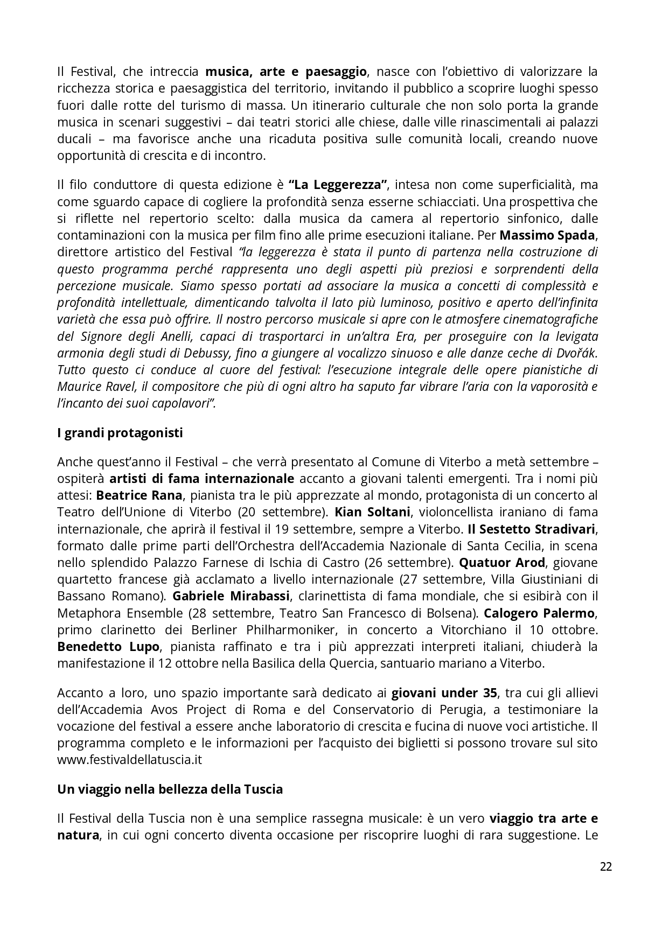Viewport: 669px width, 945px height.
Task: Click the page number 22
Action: [x=605, y=867]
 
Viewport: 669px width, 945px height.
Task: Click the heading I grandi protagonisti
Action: [x=120, y=433]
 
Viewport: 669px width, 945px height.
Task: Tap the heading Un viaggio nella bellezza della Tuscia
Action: [x=170, y=789]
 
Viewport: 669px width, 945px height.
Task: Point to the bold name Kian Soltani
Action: [x=373, y=512]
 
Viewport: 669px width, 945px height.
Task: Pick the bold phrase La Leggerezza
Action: [x=338, y=185]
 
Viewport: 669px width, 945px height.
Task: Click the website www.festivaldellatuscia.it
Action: [x=129, y=760]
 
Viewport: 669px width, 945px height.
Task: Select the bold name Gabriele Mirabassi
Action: [x=231, y=596]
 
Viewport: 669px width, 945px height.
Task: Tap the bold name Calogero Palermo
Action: [x=539, y=613]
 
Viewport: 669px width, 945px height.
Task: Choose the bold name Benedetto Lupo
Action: [x=108, y=646]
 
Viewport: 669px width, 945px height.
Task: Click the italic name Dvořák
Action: [x=577, y=353]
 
